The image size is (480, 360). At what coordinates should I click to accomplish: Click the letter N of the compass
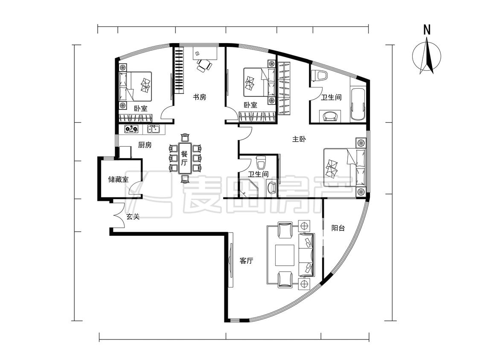pyautogui.click(x=427, y=30)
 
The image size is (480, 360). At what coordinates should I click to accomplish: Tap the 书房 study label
pyautogui.click(x=199, y=97)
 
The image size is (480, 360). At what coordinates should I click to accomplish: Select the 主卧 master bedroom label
pyautogui.click(x=299, y=139)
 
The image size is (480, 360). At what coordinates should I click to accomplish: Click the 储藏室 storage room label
pyautogui.click(x=118, y=180)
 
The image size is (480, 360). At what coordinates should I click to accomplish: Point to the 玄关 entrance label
pyautogui.click(x=133, y=216)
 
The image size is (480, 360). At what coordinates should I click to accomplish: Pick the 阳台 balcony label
pyautogui.click(x=338, y=228)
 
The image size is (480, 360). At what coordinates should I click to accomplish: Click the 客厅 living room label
pyautogui.click(x=247, y=261)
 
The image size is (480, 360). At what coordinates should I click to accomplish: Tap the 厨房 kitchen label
pyautogui.click(x=145, y=145)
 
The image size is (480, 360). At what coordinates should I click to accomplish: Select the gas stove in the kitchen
pyautogui.click(x=131, y=129)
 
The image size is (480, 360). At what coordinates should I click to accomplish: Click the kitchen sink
pyautogui.click(x=153, y=129)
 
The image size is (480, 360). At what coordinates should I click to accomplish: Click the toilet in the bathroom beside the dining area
pyautogui.click(x=261, y=163)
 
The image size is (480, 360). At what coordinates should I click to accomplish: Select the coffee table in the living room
pyautogui.click(x=285, y=255)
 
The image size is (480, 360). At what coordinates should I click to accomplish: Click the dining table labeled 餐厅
pyautogui.click(x=184, y=158)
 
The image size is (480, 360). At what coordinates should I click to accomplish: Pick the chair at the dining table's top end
pyautogui.click(x=185, y=137)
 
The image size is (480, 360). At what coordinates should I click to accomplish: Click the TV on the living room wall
pyautogui.click(x=231, y=260)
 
